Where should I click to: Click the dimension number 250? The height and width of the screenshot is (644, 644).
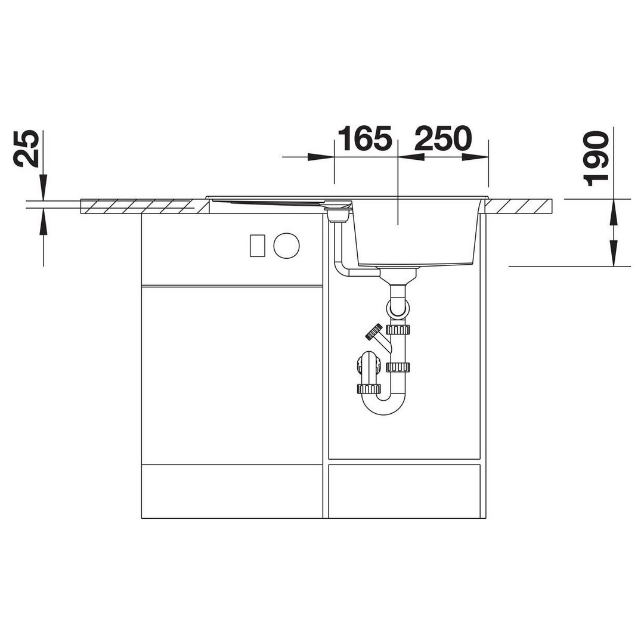pyautogui.click(x=442, y=138)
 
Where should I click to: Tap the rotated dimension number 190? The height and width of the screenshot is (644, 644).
pyautogui.click(x=596, y=159)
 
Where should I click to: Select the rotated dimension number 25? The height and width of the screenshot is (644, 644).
pyautogui.click(x=27, y=148)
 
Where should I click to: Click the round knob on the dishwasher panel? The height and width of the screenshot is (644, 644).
pyautogui.click(x=286, y=246)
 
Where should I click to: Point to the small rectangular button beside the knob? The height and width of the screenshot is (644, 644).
pyautogui.click(x=258, y=246)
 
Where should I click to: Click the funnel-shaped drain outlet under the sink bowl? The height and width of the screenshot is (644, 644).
pyautogui.click(x=398, y=275)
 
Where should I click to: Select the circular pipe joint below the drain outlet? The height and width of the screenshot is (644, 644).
pyautogui.click(x=398, y=308)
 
